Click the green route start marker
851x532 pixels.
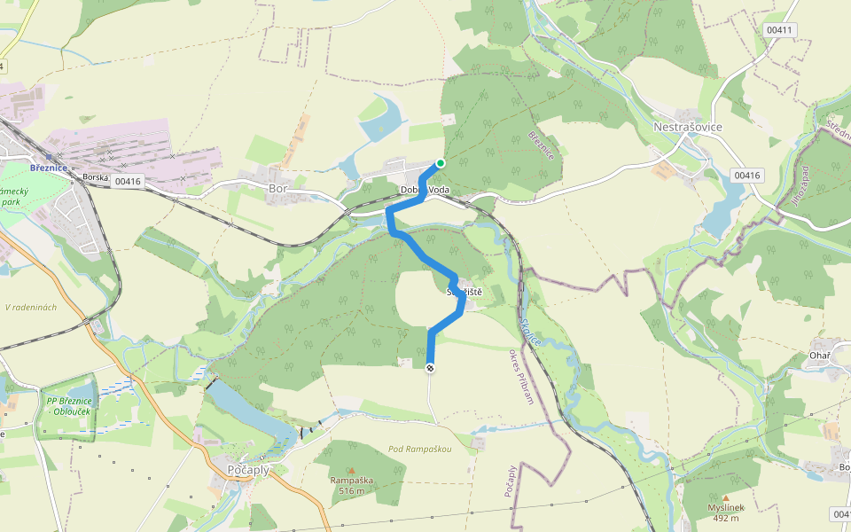440,163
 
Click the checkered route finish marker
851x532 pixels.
431,367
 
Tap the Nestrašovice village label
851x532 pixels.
687,127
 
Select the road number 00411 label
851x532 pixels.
779,30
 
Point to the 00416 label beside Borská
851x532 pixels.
128,182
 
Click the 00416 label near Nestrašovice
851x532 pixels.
747,176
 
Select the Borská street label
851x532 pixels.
95,177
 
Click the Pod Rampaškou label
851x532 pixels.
420,450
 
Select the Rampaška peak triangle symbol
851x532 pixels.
351,470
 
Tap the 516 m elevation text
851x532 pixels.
351,490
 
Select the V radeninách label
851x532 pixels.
31,308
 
